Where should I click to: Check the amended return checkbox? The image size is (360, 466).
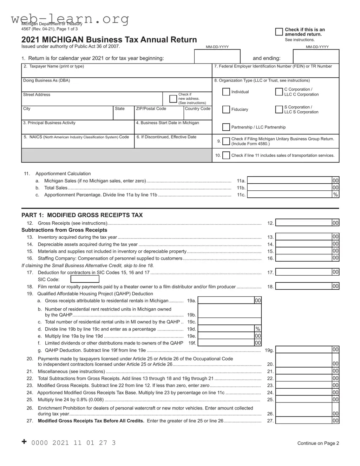pyautogui.click(x=279, y=32)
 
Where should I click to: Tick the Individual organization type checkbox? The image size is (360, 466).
pyautogui.click(x=226, y=92)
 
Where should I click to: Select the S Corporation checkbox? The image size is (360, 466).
pyautogui.click(x=279, y=110)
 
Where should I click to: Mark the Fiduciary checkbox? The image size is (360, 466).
pyautogui.click(x=226, y=110)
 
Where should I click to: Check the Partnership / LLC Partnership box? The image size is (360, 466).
pyautogui.click(x=226, y=127)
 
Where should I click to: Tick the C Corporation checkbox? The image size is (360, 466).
pyautogui.click(x=279, y=92)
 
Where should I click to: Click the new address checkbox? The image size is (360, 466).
pyautogui.click(x=173, y=99)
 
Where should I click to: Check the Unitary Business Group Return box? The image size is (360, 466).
pyautogui.click(x=226, y=141)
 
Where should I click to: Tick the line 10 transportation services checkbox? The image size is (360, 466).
pyautogui.click(x=226, y=155)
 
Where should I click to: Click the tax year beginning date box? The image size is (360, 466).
pyautogui.click(x=217, y=57)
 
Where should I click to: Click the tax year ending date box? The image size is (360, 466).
pyautogui.click(x=316, y=57)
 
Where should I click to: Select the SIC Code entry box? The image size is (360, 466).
pyautogui.click(x=85, y=279)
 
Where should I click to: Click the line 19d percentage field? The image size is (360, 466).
pyautogui.click(x=226, y=329)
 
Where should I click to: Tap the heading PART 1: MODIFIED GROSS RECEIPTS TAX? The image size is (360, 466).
pyautogui.click(x=82, y=215)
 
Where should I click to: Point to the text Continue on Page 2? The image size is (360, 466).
pyautogui.click(x=318, y=443)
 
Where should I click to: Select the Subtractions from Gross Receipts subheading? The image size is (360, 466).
pyautogui.click(x=64, y=230)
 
